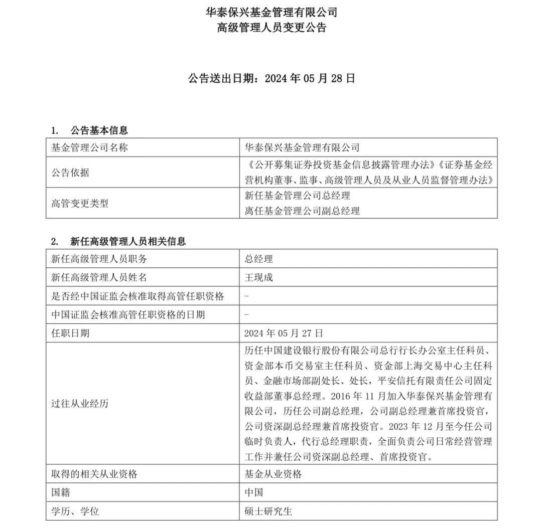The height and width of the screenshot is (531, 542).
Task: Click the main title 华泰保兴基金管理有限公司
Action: click(272, 12)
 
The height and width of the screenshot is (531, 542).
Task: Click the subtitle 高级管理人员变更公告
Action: click(272, 28)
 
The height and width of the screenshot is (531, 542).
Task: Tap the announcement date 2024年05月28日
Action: click(310, 78)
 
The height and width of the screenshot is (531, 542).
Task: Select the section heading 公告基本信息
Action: click(99, 130)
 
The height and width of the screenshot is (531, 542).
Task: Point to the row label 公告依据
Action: click(70, 172)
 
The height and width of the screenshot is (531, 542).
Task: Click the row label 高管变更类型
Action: click(80, 203)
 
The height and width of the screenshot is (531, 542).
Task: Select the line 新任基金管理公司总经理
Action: click(297, 196)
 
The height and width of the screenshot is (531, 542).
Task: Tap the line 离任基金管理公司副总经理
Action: click(302, 211)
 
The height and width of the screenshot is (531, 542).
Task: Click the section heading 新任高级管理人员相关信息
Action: click(128, 241)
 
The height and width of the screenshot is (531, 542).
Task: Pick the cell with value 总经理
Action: click(258, 259)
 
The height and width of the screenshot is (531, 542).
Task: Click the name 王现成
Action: click(258, 277)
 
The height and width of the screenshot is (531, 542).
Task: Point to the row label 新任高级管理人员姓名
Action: click(99, 277)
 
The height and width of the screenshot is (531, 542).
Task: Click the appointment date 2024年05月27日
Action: click(284, 333)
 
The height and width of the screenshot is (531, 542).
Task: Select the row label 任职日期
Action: click(70, 333)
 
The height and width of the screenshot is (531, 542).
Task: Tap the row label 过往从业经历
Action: click(80, 404)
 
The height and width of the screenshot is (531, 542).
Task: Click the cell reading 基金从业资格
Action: click(273, 474)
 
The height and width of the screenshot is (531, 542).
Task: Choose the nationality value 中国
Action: click(253, 492)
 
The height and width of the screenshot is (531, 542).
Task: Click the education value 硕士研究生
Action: click(268, 511)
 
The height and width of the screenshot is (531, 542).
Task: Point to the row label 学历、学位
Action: click(75, 511)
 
